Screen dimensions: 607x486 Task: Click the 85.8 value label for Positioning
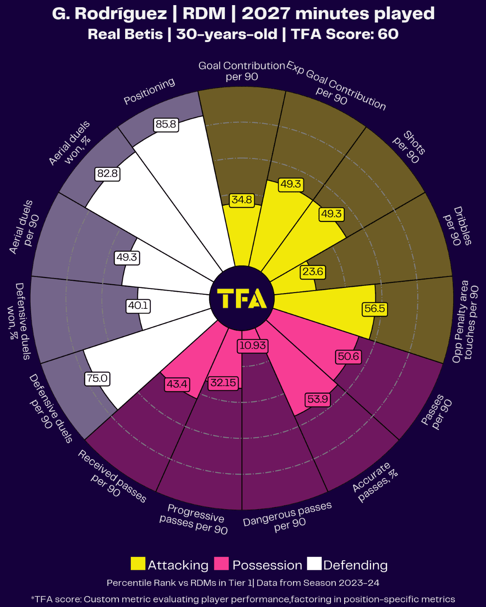(166, 124)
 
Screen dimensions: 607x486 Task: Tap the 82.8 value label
(107, 173)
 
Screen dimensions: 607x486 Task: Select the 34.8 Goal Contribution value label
(242, 200)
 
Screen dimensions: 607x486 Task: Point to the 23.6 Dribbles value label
(313, 271)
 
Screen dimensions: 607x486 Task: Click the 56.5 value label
(374, 308)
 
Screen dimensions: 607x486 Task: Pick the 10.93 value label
(253, 345)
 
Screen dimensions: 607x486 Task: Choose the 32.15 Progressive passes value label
(223, 383)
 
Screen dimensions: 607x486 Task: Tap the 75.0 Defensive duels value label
(97, 378)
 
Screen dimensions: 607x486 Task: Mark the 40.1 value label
(138, 305)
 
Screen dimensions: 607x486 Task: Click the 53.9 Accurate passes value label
(318, 399)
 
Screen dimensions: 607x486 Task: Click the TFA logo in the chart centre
(242, 299)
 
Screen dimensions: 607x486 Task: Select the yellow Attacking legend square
(138, 564)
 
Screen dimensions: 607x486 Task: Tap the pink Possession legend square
(221, 564)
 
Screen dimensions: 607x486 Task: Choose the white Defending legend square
(314, 564)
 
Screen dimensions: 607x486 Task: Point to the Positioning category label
(149, 90)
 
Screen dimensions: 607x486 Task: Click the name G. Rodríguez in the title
(110, 14)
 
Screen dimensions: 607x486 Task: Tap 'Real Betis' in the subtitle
(125, 34)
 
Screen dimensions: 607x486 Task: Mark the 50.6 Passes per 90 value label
(348, 356)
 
